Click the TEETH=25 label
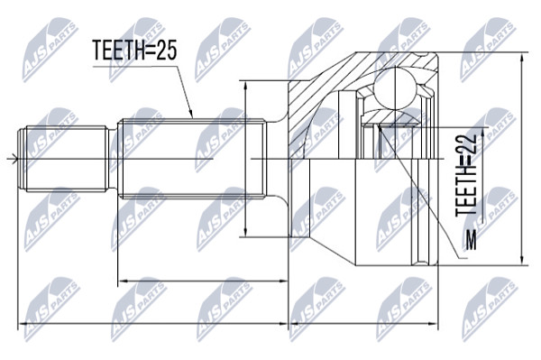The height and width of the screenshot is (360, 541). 135,51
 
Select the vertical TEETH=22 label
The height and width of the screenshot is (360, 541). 466,175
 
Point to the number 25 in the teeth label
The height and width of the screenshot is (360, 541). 167,51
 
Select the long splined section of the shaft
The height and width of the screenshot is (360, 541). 192,159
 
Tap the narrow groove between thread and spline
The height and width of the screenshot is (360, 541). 114,159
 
